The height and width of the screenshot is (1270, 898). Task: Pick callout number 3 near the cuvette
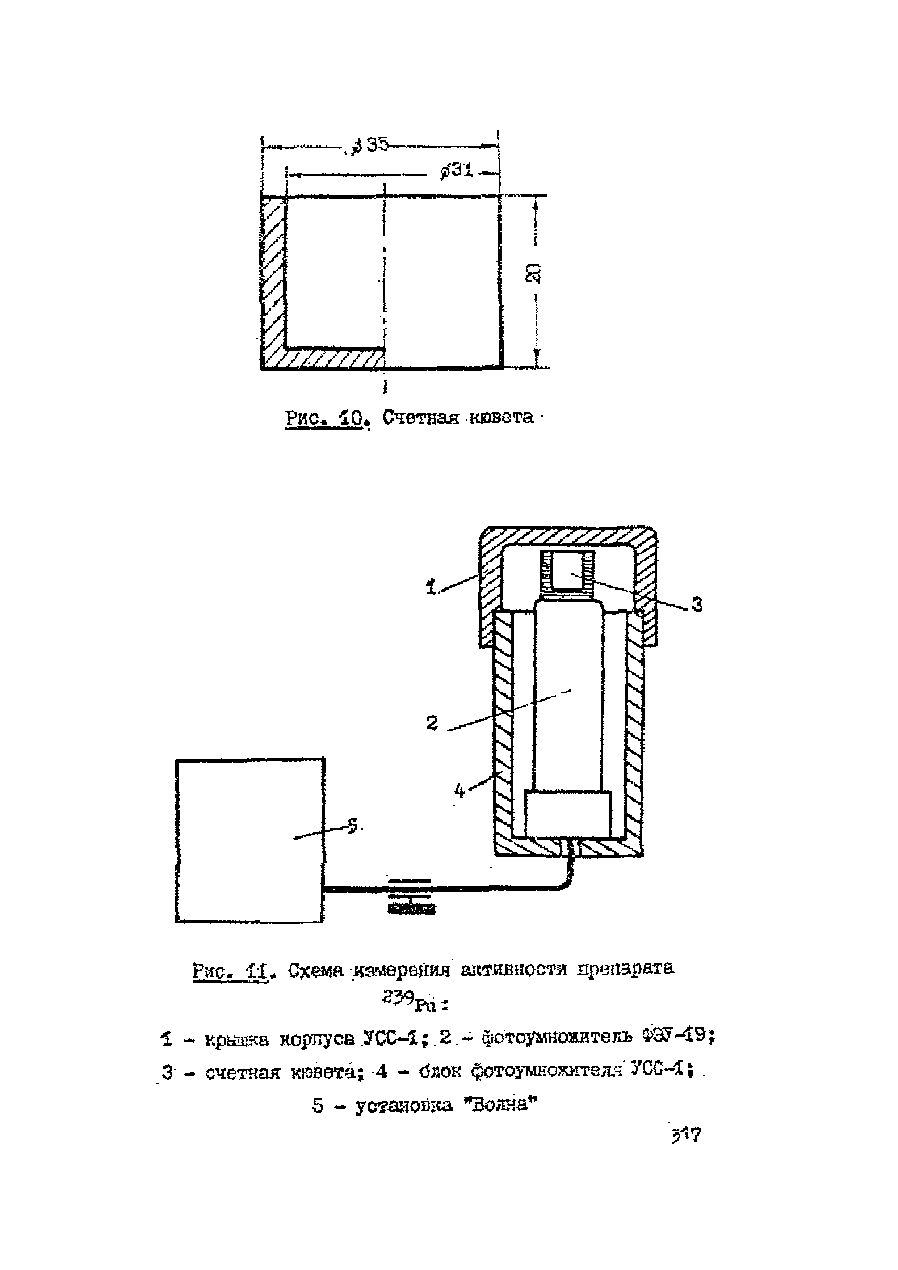698,604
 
